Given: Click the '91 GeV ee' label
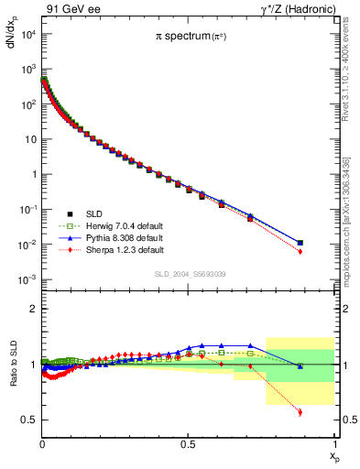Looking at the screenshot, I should (x=74, y=9).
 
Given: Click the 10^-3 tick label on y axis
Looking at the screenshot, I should (x=27, y=279).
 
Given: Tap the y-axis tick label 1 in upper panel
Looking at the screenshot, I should (x=33, y=174).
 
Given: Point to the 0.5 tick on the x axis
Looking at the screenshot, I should (x=188, y=443).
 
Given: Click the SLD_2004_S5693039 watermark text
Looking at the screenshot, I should (x=188, y=274).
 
